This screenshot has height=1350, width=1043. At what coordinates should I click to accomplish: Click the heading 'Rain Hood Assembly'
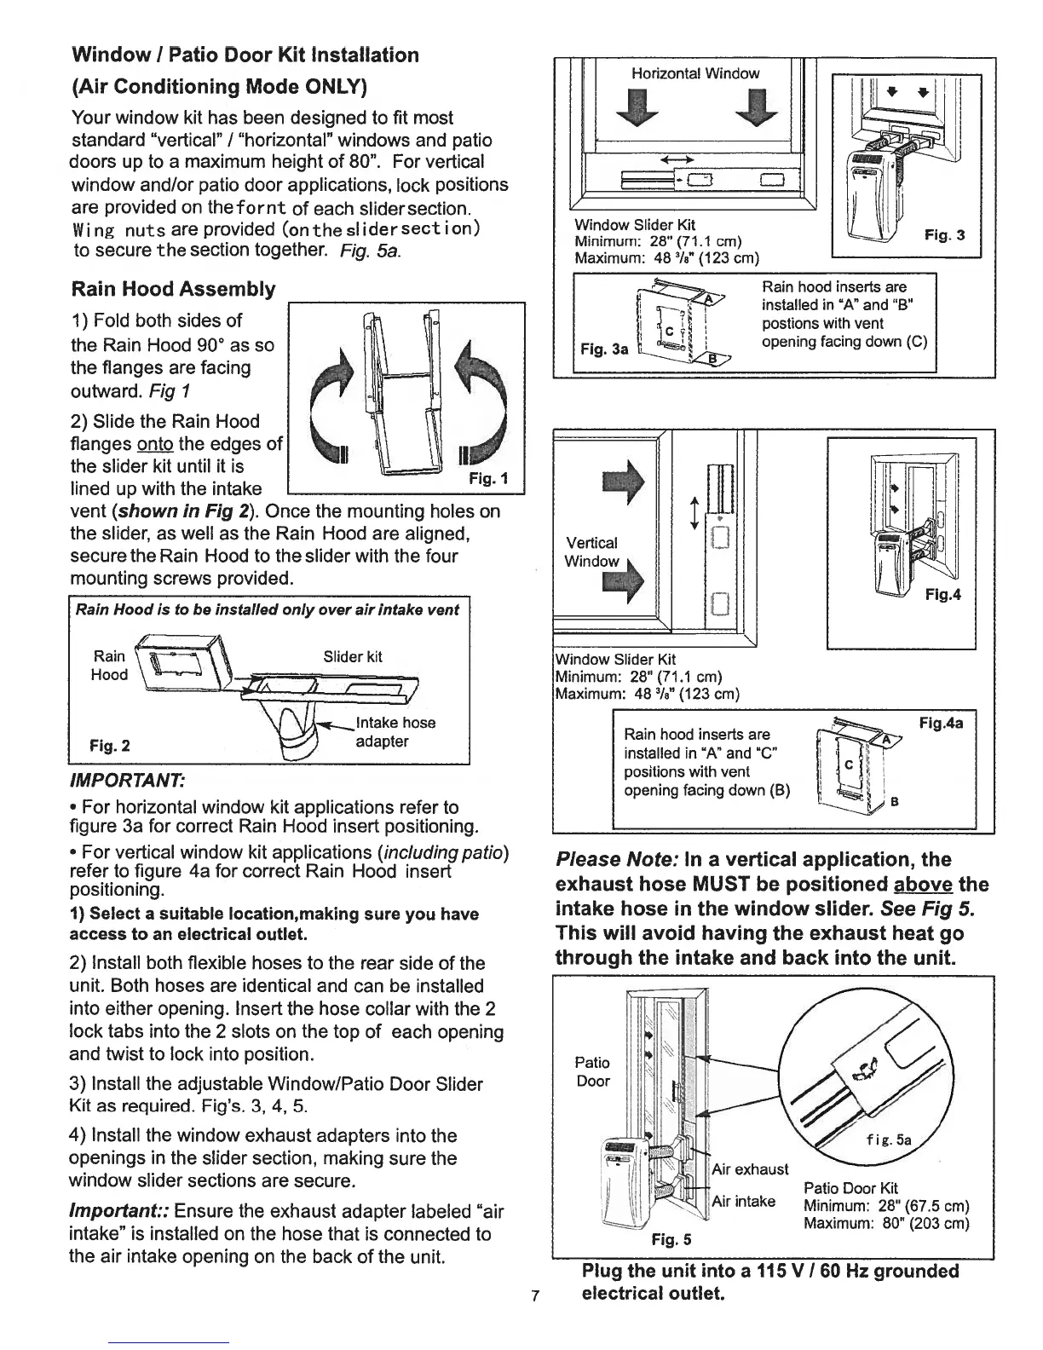point(173,289)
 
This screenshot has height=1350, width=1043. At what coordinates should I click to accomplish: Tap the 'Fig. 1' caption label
point(488,479)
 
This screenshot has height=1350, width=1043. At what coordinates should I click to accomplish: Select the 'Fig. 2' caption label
point(111,746)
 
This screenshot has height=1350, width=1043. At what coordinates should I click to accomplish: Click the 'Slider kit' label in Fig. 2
point(353,656)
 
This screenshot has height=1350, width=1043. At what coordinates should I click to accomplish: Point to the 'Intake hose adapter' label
point(395,732)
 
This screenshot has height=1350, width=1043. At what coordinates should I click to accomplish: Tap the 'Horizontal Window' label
point(695,73)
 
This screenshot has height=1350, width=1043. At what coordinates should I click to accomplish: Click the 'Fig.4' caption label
point(942,595)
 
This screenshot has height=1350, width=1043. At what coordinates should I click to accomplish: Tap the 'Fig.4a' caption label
point(942,723)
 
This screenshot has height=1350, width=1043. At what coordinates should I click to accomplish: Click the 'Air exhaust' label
point(750,1168)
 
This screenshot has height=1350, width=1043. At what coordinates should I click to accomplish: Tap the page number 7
point(534,1297)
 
